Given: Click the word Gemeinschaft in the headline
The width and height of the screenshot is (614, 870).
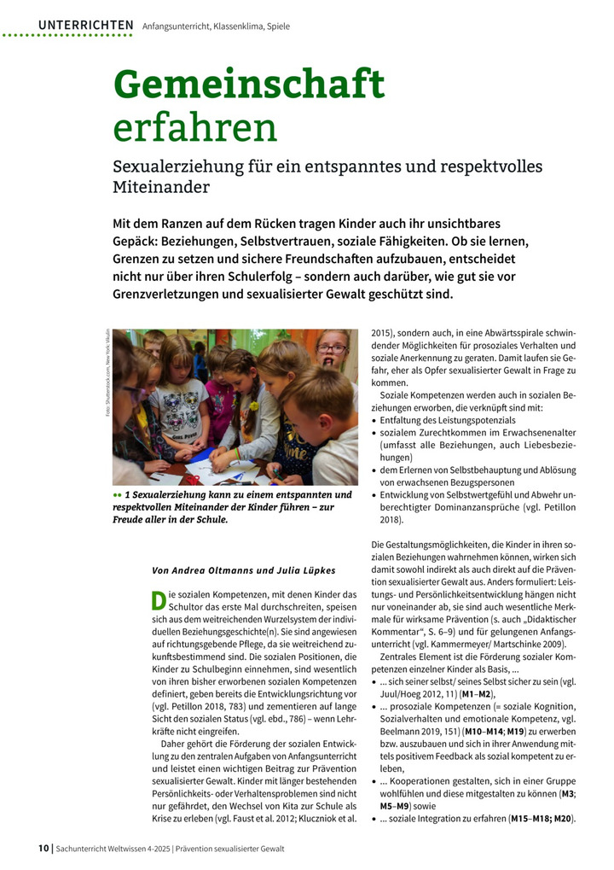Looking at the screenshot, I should point(249,84).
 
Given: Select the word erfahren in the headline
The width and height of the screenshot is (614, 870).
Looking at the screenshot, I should point(195,127).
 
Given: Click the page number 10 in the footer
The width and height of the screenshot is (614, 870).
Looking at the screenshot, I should point(43,848).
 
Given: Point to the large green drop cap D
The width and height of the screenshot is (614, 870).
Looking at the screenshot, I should point(158,600).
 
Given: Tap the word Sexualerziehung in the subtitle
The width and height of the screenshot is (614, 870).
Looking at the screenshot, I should point(182,166).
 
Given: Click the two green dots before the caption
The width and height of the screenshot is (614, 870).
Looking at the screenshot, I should point(117,495).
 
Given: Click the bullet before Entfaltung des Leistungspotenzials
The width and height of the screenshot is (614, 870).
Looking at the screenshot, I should point(375,421).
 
